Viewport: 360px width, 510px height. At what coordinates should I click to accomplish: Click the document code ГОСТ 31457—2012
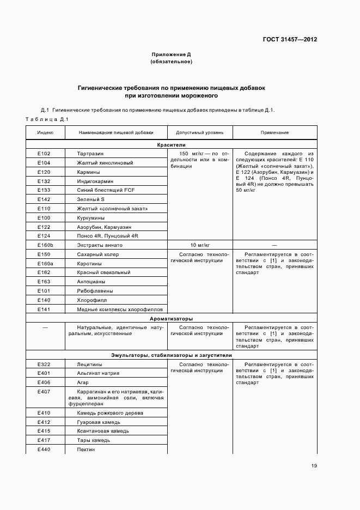(x=289, y=39)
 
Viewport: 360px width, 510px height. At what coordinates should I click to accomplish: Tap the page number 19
(x=314, y=465)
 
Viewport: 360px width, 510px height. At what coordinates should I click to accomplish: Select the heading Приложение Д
(x=171, y=54)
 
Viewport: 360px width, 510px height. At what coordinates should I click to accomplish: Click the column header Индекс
(x=45, y=132)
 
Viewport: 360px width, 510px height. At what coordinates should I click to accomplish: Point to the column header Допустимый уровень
(x=199, y=132)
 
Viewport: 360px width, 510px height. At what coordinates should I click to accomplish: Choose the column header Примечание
(x=274, y=132)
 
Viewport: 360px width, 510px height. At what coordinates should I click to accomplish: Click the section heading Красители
(x=172, y=145)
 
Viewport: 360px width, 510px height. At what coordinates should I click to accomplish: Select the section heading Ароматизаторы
(x=172, y=319)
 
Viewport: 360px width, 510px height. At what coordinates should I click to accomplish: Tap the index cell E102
(x=44, y=154)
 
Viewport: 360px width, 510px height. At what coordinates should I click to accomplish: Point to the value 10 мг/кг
(x=200, y=245)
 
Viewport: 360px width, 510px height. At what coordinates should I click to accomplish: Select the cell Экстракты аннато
(x=100, y=245)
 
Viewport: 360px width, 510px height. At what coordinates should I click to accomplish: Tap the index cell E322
(x=44, y=364)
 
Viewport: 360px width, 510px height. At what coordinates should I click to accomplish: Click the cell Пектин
(x=86, y=449)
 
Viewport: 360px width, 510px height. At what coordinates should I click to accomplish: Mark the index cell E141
(x=44, y=309)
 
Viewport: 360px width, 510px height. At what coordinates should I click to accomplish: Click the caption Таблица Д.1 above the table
(x=46, y=119)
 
